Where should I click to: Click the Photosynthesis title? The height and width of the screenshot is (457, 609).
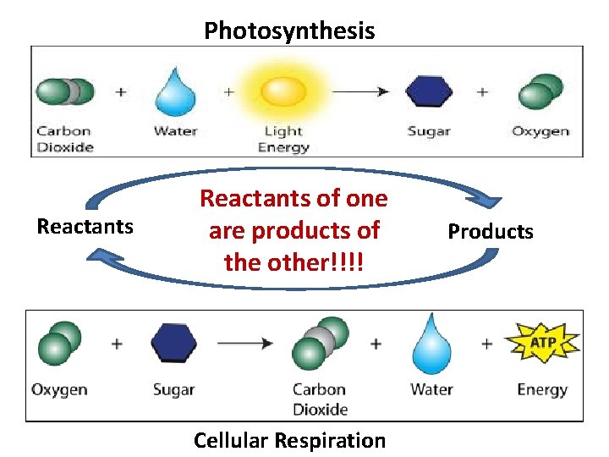click(x=289, y=31)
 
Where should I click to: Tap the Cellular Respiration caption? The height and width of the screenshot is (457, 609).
click(x=289, y=440)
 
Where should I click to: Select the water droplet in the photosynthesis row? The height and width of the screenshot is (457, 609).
click(x=175, y=91)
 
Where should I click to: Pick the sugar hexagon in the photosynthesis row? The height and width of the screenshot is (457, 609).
click(x=429, y=91)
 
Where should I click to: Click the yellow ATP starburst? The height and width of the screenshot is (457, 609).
click(x=542, y=343)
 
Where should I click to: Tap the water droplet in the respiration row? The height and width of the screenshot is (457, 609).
click(x=431, y=344)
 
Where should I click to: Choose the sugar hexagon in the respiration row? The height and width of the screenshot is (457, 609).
click(x=174, y=344)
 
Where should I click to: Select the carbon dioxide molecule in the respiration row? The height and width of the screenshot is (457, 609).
click(x=320, y=344)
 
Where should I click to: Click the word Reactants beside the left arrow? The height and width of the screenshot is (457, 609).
click(x=85, y=226)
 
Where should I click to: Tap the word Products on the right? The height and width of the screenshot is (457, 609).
click(x=491, y=231)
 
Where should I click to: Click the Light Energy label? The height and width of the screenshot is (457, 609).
click(x=283, y=139)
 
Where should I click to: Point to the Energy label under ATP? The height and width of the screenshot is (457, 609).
click(x=542, y=390)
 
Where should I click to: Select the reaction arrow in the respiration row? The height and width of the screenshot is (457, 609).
click(x=244, y=344)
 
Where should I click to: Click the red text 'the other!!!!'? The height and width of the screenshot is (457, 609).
click(x=294, y=262)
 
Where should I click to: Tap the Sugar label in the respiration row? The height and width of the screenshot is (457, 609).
click(x=174, y=390)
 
